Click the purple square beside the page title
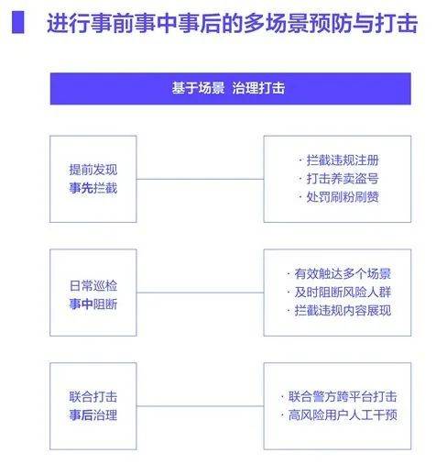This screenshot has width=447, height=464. coord(18,22)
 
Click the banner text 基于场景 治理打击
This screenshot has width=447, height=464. coord(228,88)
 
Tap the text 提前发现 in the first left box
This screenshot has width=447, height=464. coord(93,170)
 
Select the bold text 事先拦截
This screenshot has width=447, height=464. coord(93,188)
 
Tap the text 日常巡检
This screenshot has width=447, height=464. coord(93,286)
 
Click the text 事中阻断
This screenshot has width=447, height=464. coord(93,304)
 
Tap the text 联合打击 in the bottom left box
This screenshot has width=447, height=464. coord(93,397)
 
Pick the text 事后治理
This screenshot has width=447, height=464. coord(93,415)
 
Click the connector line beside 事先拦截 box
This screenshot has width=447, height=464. coord(200,179)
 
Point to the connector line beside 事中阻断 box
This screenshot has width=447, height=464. coord(200,293)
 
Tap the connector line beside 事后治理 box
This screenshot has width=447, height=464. coord(200,406)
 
